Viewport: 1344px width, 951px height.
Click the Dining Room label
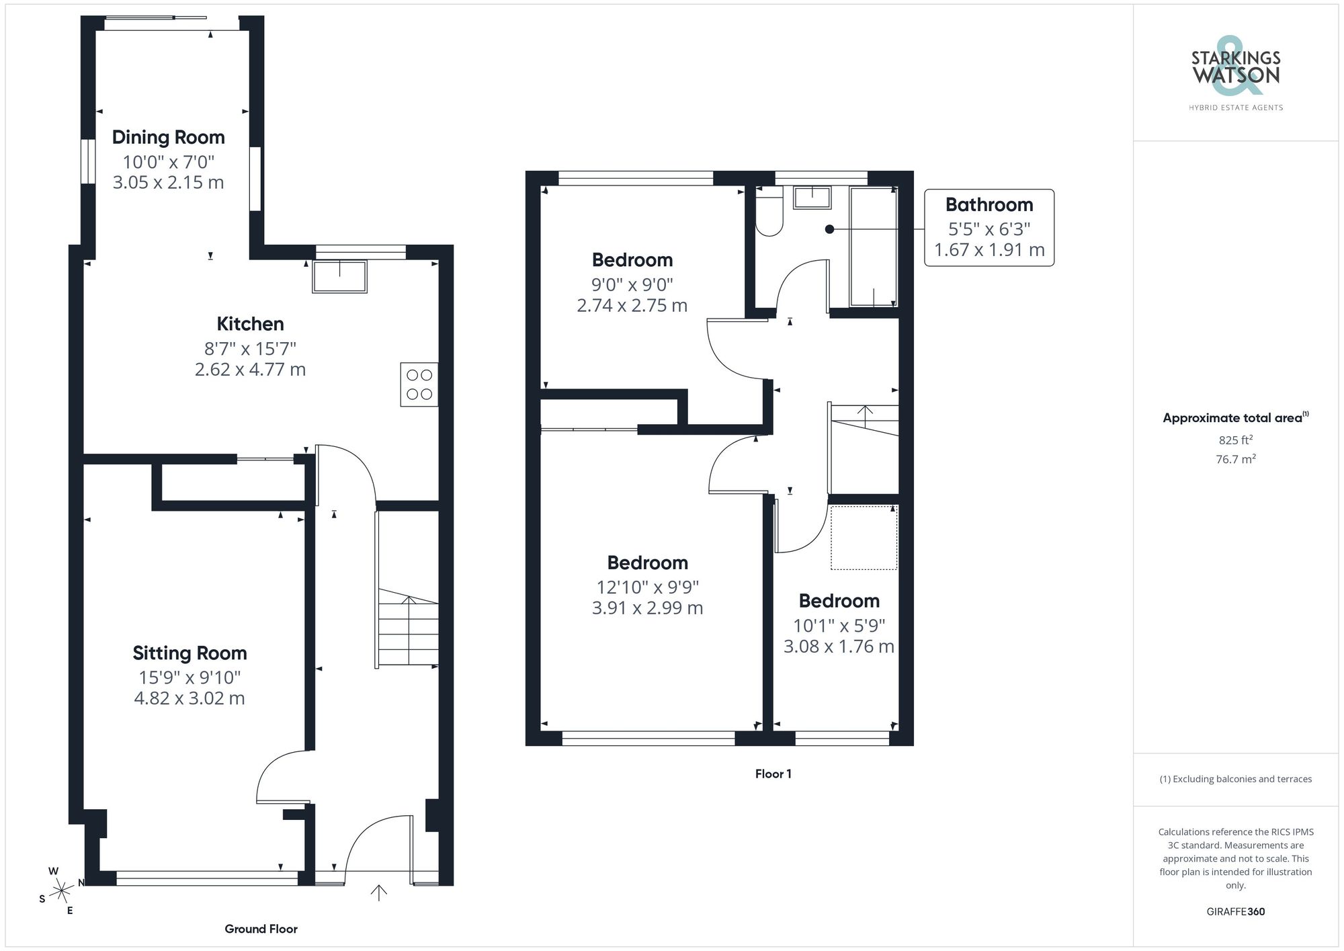tap(168, 138)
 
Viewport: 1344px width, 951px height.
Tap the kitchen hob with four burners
tap(419, 384)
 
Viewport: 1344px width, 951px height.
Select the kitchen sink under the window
tap(339, 277)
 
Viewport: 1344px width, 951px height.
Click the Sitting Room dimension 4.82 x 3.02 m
tap(190, 698)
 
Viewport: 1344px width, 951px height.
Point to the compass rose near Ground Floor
tap(62, 891)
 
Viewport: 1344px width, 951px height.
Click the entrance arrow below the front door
tap(379, 893)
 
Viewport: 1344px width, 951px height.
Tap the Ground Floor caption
tap(261, 929)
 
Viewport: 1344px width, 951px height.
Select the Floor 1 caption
tap(773, 774)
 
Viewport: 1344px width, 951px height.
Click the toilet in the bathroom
tap(769, 212)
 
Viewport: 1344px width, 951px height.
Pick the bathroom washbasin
tap(812, 198)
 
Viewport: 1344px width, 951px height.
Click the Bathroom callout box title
tap(989, 205)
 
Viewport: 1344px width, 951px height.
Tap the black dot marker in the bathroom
tap(829, 229)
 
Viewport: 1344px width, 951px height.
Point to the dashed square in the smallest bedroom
tap(864, 538)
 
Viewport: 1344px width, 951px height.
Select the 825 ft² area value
tap(1235, 440)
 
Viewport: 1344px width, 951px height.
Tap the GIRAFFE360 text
tap(1235, 912)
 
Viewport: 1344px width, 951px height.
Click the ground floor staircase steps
tap(408, 628)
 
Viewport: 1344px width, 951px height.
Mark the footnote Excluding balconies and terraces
tap(1235, 780)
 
